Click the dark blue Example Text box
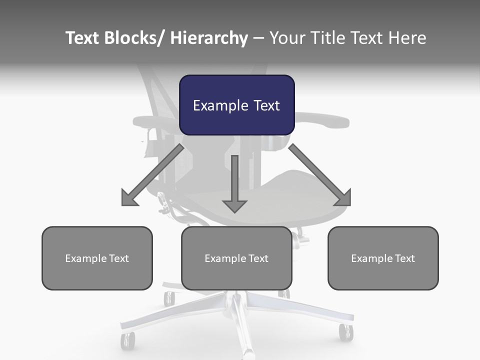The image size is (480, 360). (x=236, y=105)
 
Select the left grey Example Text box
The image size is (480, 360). (x=97, y=258)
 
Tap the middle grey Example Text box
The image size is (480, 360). (x=236, y=258)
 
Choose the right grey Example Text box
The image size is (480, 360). (x=383, y=258)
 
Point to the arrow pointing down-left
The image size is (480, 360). (x=152, y=175)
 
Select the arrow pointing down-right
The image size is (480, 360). (x=320, y=175)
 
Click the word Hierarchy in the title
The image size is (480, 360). (x=209, y=38)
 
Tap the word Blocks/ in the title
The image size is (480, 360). (x=132, y=38)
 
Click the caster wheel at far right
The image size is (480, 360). (x=345, y=332)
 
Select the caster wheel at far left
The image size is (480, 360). (x=127, y=341)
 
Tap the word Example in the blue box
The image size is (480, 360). (x=220, y=105)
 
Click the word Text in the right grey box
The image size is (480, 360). (x=404, y=258)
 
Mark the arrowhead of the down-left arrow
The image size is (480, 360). (x=129, y=198)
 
